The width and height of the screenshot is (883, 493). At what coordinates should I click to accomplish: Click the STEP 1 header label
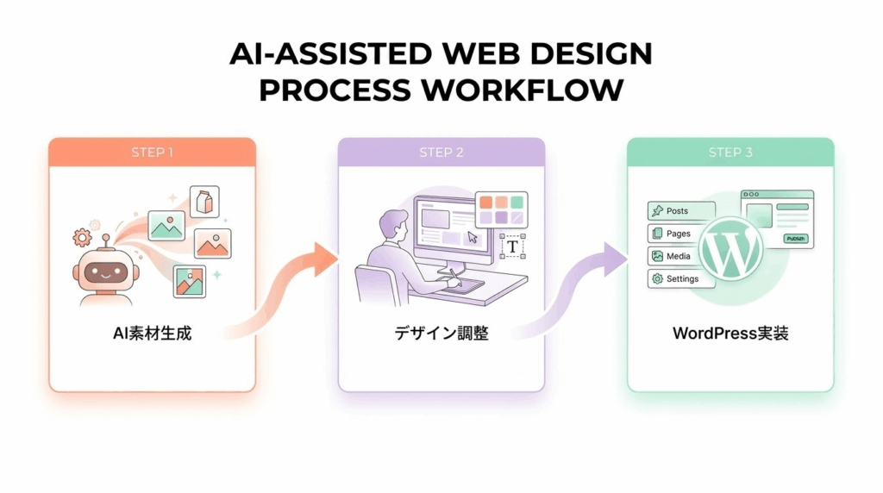point(153,153)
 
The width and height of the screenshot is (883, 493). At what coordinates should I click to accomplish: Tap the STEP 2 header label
point(441,153)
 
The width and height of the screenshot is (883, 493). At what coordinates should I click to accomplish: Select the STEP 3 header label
point(730,153)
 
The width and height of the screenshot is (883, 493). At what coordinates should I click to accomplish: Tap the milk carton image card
point(204,202)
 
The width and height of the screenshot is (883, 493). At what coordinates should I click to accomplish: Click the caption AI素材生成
point(153,333)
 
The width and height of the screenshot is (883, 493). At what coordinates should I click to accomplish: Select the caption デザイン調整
point(441,333)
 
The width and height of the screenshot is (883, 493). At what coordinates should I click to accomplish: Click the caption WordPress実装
point(730,333)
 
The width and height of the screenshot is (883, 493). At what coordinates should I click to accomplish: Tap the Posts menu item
point(681,211)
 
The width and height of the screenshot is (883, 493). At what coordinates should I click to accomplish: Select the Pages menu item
point(681,234)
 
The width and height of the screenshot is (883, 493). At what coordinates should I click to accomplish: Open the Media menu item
point(681,256)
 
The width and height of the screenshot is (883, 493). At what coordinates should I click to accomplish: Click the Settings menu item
point(681,279)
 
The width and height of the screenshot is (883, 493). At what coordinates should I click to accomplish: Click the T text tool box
point(512,246)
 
